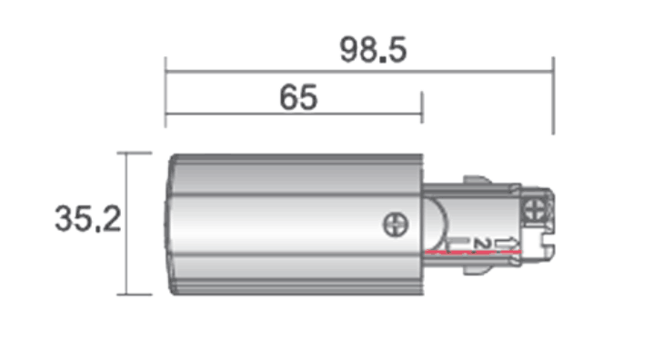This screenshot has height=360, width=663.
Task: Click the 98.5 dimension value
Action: tap(373, 50)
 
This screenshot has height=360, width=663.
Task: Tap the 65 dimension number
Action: tap(298, 97)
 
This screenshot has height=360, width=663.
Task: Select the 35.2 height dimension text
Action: tap(88, 219)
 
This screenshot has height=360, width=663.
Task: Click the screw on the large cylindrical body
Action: tap(396, 225)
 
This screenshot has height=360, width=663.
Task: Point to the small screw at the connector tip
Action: tap(535, 210)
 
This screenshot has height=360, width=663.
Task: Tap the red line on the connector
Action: tap(473, 252)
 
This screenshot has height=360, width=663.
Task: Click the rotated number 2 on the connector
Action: tap(482, 244)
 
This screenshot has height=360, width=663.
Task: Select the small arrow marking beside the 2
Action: tap(507, 244)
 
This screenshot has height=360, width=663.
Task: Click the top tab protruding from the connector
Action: tap(477, 180)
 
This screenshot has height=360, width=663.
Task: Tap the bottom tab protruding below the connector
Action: tap(477, 270)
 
